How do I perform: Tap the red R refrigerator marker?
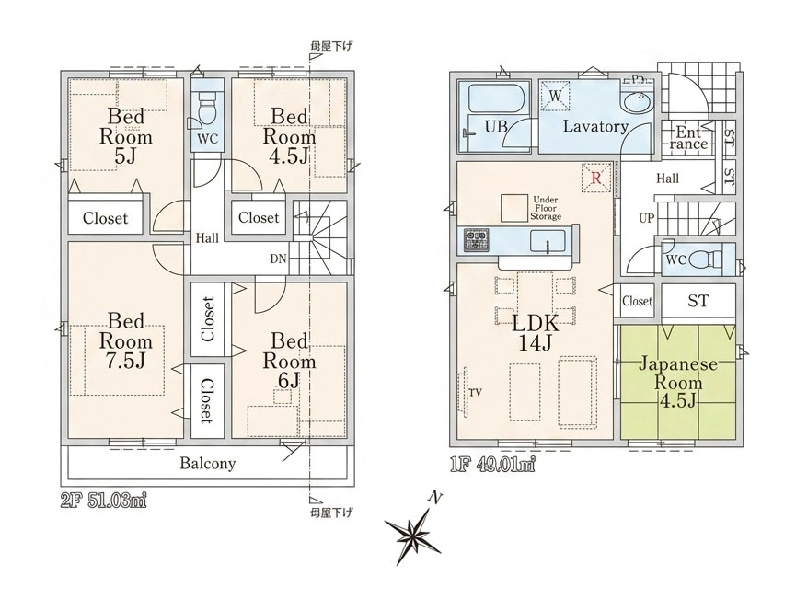click(596, 179)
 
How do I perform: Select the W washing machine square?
click(554, 96)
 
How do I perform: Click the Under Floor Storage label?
click(546, 208)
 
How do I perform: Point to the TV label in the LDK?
click(475, 392)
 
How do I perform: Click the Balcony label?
click(208, 464)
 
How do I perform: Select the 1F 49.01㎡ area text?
click(493, 465)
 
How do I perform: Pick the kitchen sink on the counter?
click(548, 241)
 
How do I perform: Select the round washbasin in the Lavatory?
click(637, 105)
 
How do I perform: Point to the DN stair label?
click(278, 259)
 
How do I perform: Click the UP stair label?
click(647, 218)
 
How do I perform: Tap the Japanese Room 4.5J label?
click(677, 382)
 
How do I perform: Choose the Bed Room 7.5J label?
click(126, 340)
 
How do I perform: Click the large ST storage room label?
click(698, 301)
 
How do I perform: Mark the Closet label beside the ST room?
click(637, 301)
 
